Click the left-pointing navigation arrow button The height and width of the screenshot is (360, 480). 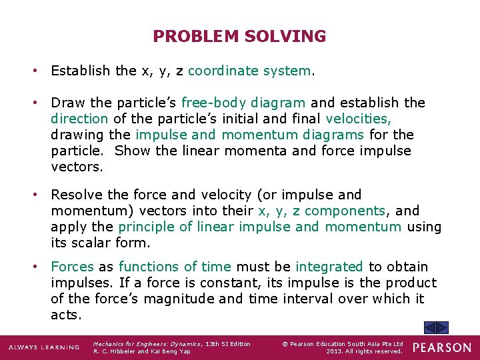coord(431,327)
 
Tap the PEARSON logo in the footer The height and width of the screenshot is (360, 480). coord(441,347)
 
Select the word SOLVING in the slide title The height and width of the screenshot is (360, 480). coord(285,37)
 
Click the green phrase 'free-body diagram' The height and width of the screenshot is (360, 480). coord(243,103)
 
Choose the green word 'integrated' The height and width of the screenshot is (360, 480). coord(329,267)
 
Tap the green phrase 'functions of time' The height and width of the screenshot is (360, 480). coord(174,267)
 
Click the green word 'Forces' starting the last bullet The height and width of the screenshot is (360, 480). coord(73,267)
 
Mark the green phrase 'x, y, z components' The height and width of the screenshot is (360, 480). coord(322,211)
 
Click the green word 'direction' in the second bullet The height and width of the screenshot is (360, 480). coord(79,119)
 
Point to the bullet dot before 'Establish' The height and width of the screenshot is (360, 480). coord(41,71)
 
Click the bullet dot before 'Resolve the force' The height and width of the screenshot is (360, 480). coord(41,195)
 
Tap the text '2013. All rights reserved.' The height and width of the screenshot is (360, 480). coord(365,351)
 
